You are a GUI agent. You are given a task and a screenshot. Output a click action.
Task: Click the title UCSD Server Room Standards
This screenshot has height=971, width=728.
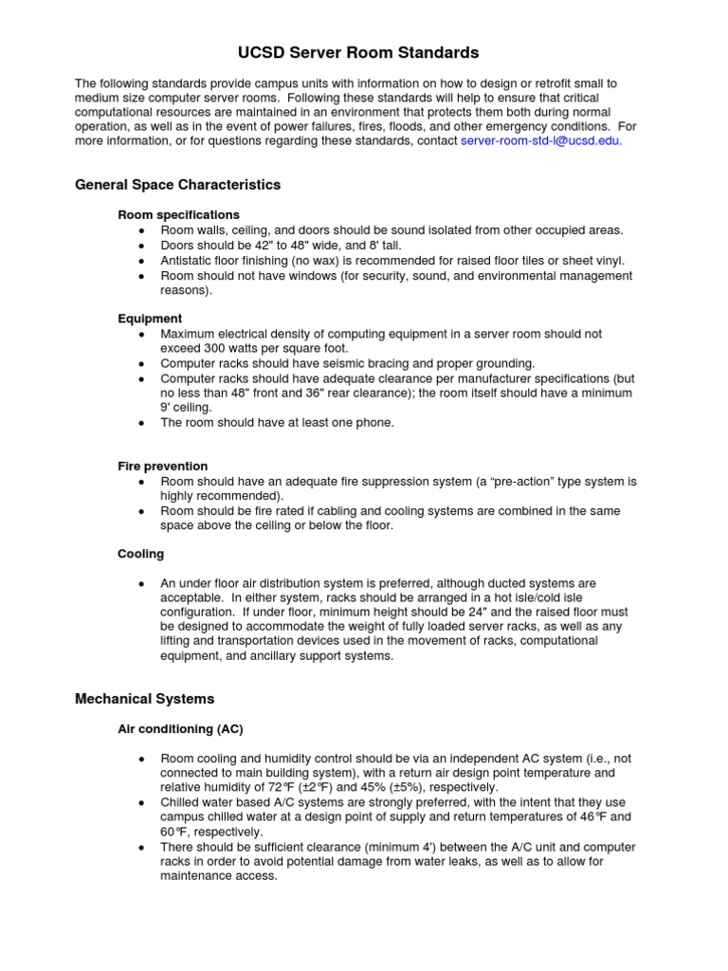pyautogui.click(x=364, y=52)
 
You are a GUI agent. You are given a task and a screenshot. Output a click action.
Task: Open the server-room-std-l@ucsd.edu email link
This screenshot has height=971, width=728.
pyautogui.click(x=540, y=141)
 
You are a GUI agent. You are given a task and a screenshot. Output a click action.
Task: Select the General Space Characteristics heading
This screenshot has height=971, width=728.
pyautogui.click(x=177, y=184)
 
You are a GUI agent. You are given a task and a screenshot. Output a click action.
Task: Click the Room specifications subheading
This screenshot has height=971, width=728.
pyautogui.click(x=178, y=214)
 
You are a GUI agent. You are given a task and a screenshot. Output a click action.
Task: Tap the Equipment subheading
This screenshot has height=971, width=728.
pyautogui.click(x=150, y=319)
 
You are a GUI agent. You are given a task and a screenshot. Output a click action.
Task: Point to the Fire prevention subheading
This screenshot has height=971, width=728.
pyautogui.click(x=162, y=466)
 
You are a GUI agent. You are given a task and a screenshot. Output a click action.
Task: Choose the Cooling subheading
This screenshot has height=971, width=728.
pyautogui.click(x=140, y=553)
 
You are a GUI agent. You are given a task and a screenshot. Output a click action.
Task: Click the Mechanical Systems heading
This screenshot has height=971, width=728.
pyautogui.click(x=144, y=699)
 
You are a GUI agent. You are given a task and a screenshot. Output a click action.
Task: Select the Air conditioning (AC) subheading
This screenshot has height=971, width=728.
pyautogui.click(x=180, y=728)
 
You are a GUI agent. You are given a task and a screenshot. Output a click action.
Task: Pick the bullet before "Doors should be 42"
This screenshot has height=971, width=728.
pyautogui.click(x=141, y=246)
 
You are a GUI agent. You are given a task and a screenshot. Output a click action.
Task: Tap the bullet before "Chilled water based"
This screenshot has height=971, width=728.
pyautogui.click(x=141, y=802)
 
